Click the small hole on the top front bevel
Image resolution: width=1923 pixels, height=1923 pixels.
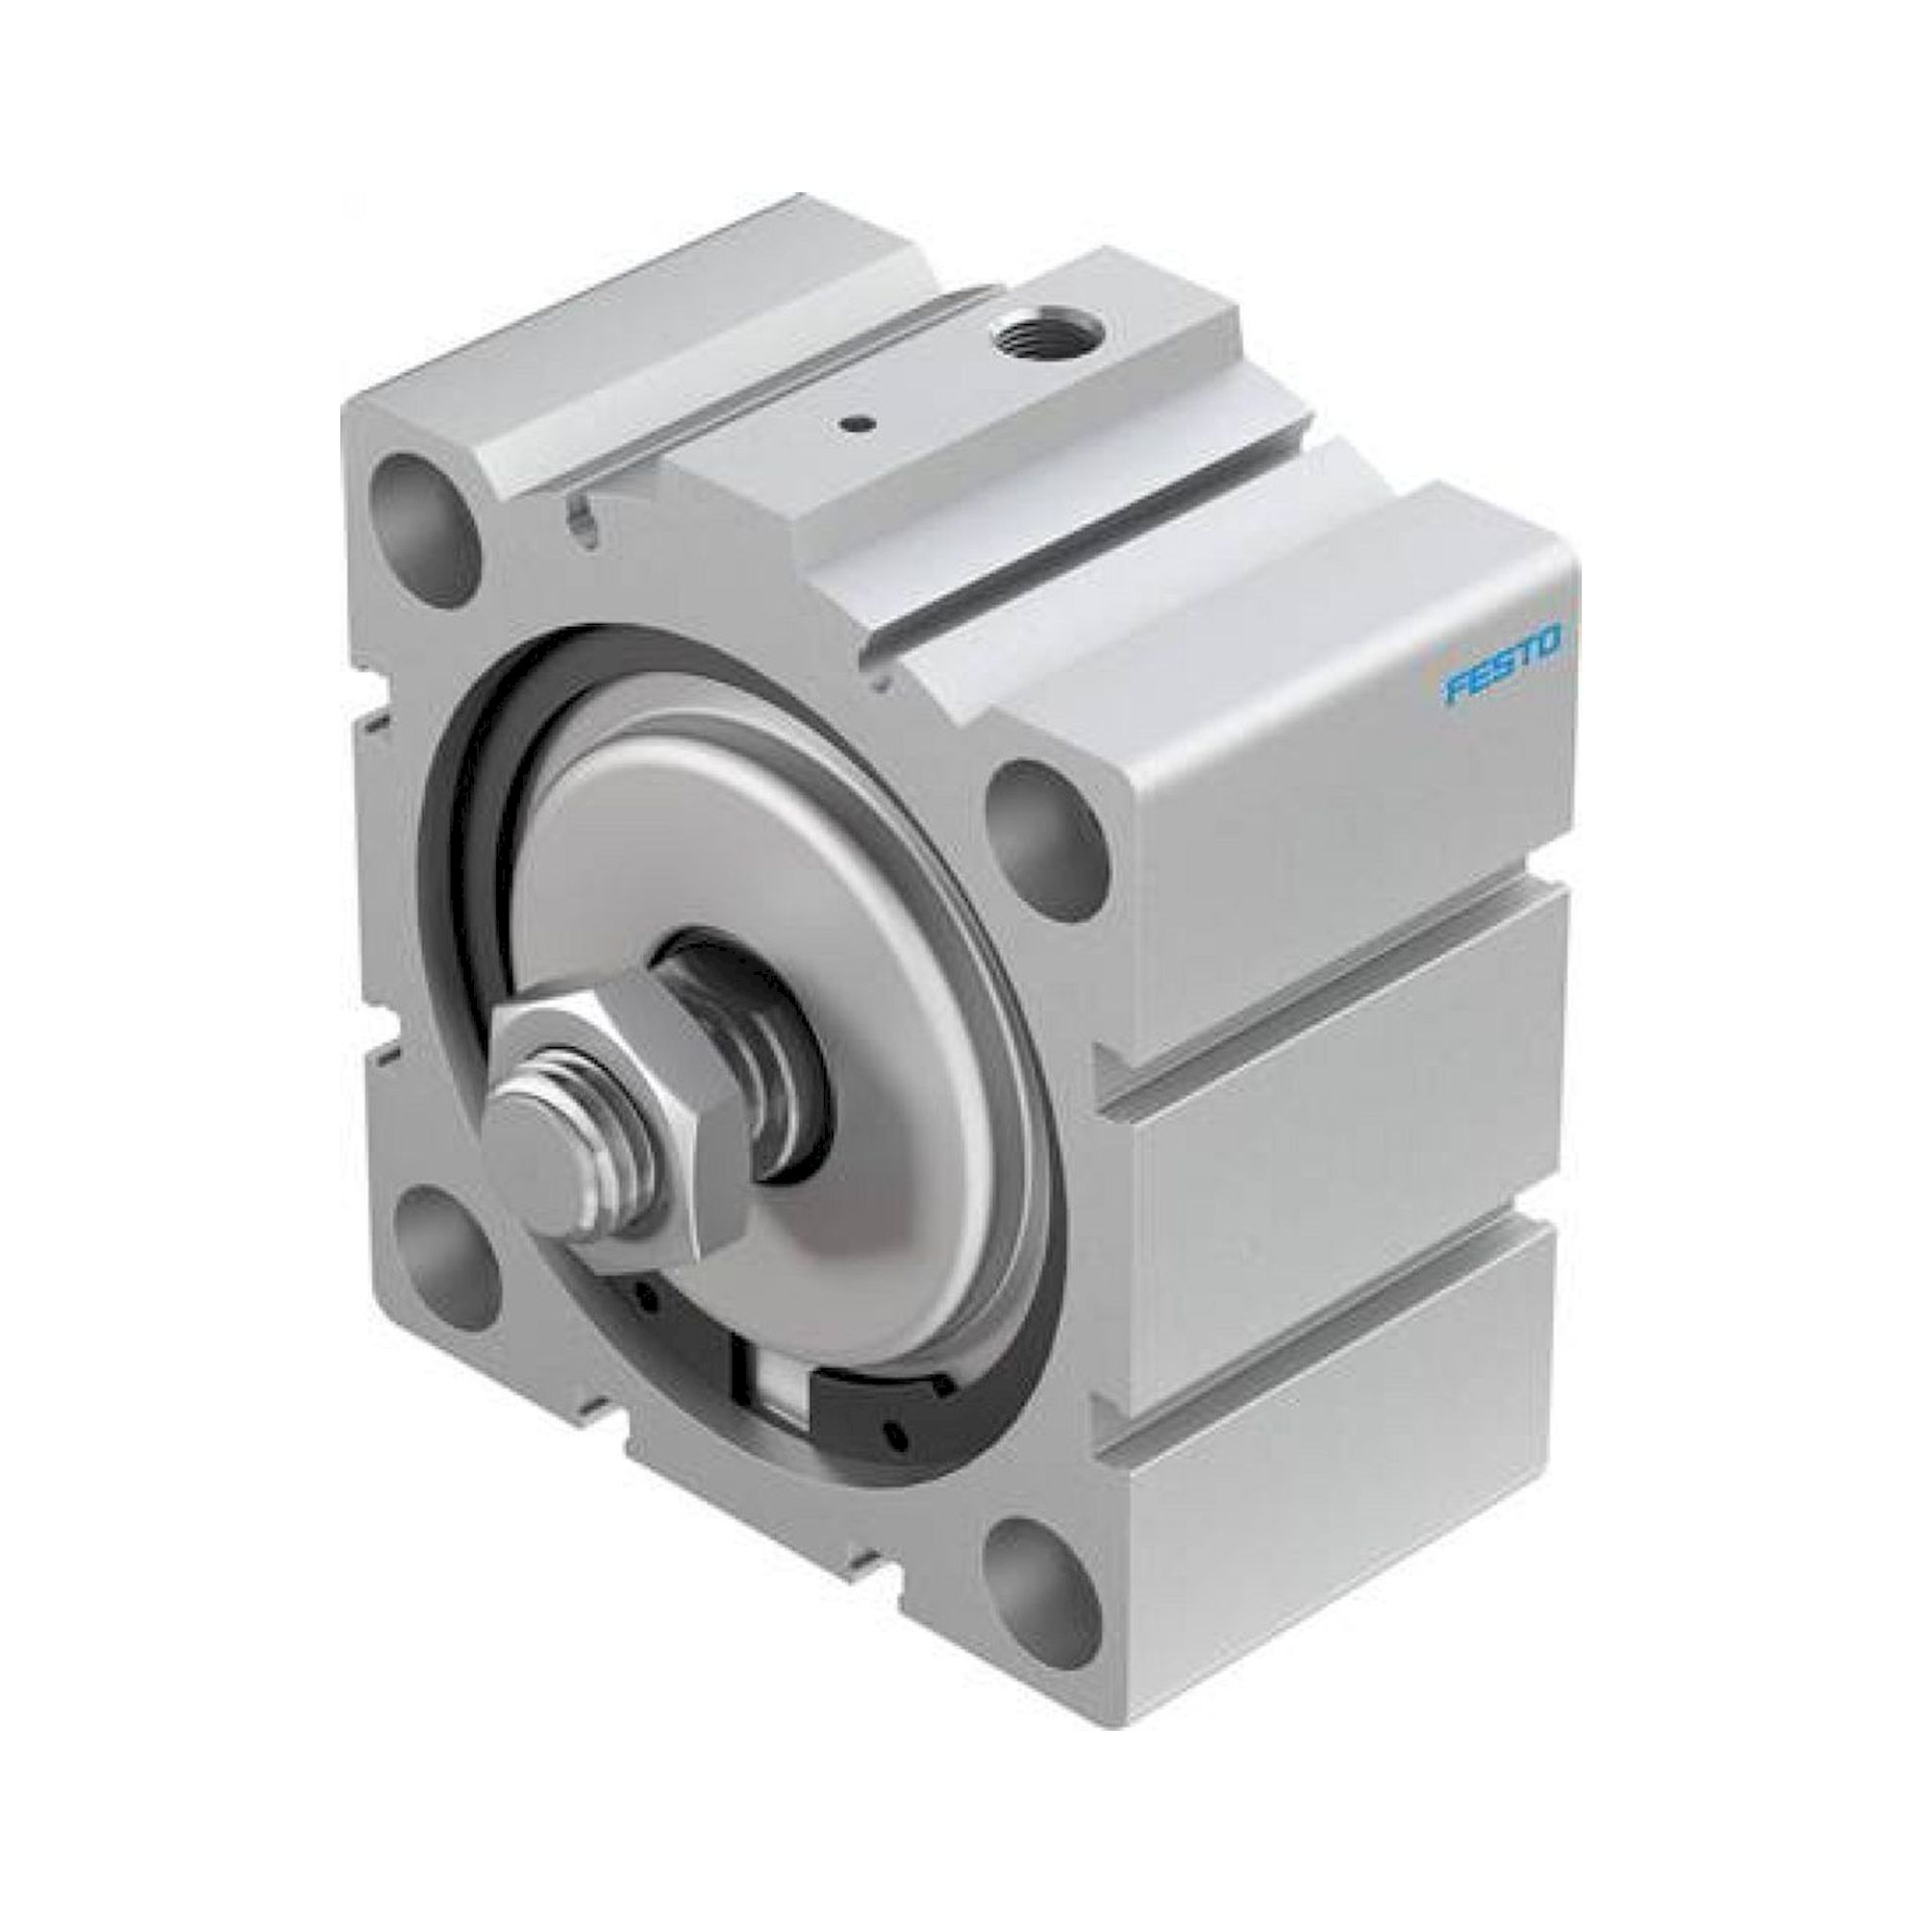click(x=582, y=516)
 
